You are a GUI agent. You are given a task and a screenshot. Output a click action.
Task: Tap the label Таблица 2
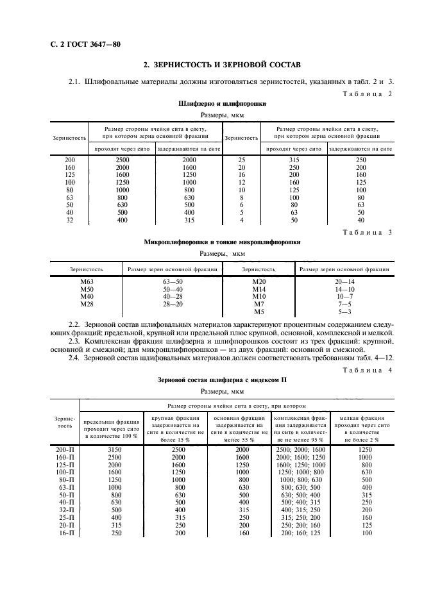(368, 94)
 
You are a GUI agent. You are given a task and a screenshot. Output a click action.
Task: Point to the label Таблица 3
(368, 233)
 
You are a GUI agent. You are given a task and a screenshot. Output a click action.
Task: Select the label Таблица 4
(368, 371)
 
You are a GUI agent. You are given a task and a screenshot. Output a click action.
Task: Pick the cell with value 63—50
(173, 281)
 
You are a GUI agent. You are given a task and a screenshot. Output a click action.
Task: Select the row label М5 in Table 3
(259, 312)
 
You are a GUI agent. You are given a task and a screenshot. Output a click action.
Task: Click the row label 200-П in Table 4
(66, 450)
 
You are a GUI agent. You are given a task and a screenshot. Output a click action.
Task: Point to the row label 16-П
(66, 533)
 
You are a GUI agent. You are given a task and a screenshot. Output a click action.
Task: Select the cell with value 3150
(112, 450)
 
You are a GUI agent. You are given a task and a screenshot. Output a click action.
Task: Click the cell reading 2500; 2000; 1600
(301, 450)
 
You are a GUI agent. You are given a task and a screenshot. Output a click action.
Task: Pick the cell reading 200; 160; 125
(301, 533)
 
